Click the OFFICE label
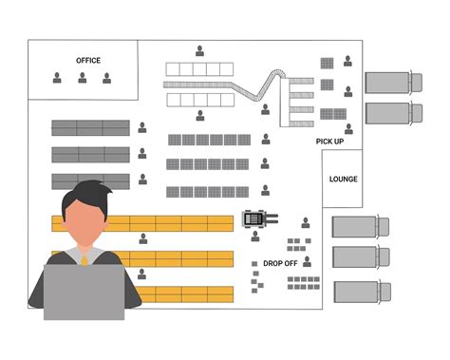(87, 61)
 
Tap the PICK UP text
(329, 142)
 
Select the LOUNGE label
(343, 179)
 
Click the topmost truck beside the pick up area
(387, 83)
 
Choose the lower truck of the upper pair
(387, 113)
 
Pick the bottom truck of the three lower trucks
(361, 290)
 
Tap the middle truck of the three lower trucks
(361, 257)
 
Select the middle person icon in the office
(83, 78)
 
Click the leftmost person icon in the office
(57, 78)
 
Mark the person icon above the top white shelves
(199, 50)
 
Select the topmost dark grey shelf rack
(90, 127)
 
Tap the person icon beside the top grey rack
(142, 126)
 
